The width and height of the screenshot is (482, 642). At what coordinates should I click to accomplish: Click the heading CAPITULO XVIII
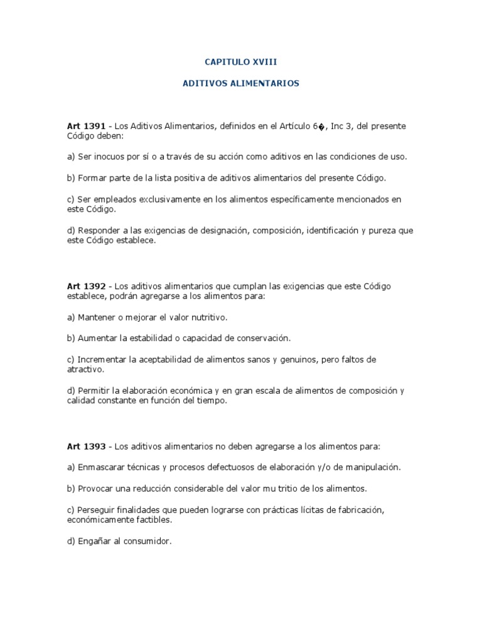pyautogui.click(x=241, y=63)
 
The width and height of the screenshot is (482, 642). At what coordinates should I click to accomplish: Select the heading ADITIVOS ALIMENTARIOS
pyautogui.click(x=241, y=83)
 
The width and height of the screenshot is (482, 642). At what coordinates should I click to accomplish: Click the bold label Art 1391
pyautogui.click(x=85, y=126)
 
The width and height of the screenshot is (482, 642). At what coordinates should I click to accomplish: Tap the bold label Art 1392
pyautogui.click(x=85, y=286)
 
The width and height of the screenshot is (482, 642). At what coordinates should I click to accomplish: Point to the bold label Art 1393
pyautogui.click(x=85, y=446)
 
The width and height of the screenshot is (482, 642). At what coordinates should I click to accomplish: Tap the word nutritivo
pyautogui.click(x=208, y=317)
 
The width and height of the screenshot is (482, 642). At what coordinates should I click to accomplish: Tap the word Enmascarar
pyautogui.click(x=102, y=467)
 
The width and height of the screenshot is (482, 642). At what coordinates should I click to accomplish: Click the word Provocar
pyautogui.click(x=96, y=488)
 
